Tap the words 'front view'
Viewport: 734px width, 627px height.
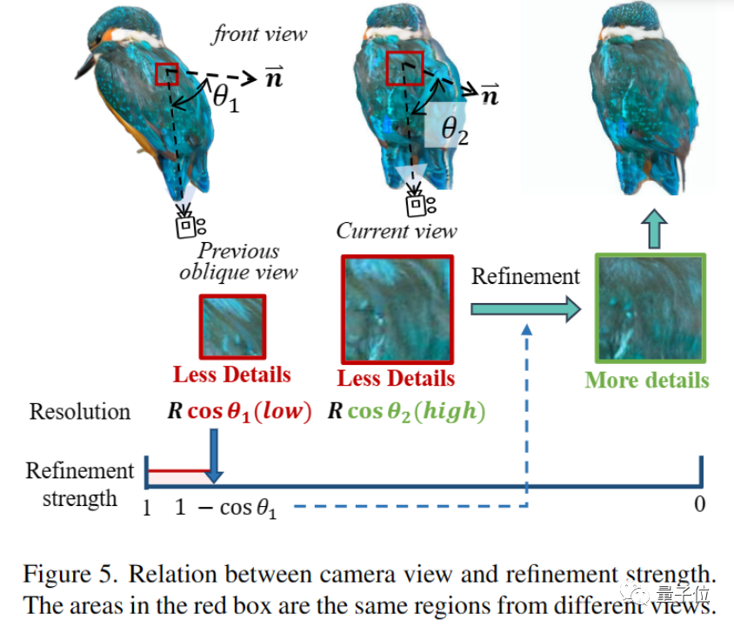(260, 35)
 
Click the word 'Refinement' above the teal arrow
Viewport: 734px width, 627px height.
(525, 276)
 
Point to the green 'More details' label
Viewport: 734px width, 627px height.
(647, 380)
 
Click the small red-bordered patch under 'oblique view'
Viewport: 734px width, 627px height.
(232, 327)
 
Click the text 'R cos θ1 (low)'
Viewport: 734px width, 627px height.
(238, 412)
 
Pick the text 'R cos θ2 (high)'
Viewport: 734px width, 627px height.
(405, 412)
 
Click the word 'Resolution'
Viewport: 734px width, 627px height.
(80, 412)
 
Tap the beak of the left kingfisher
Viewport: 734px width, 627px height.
(84, 66)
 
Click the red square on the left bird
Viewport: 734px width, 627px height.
(166, 74)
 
